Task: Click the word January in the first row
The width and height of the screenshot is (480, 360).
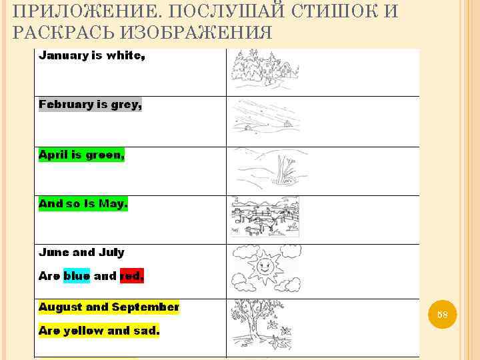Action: tap(63, 55)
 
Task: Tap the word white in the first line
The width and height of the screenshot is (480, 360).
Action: tap(125, 55)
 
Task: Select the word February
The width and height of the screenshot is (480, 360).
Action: tap(65, 104)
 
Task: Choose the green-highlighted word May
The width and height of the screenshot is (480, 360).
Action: tap(112, 204)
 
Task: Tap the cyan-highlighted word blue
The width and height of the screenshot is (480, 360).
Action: tap(77, 275)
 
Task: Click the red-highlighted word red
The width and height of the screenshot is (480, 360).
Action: tap(131, 275)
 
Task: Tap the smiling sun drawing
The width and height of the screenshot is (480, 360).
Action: tap(264, 267)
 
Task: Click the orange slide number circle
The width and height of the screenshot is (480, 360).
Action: tap(442, 314)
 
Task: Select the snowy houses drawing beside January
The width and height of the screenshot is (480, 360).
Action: tap(264, 70)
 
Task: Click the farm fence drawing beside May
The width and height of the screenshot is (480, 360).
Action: tap(265, 217)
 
